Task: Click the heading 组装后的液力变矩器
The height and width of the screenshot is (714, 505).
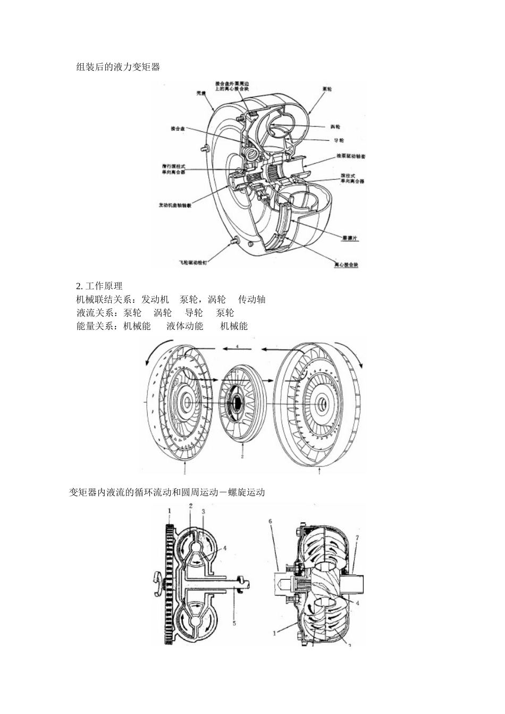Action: coord(118,67)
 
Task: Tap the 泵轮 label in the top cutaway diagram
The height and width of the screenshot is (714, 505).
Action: coord(327,89)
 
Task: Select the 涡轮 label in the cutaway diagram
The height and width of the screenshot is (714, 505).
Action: coord(335,126)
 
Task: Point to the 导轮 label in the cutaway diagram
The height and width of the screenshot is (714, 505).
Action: coord(339,140)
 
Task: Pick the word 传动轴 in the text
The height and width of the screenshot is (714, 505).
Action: coord(252,299)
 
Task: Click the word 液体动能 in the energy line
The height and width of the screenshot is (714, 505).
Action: coord(185,326)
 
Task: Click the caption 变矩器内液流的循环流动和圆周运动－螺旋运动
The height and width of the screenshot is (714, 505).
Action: coord(167,492)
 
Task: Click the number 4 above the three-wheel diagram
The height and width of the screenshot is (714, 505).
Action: coord(238,346)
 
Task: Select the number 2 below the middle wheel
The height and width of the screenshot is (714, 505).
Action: coord(242,456)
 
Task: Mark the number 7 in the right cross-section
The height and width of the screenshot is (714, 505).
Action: coord(357,538)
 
